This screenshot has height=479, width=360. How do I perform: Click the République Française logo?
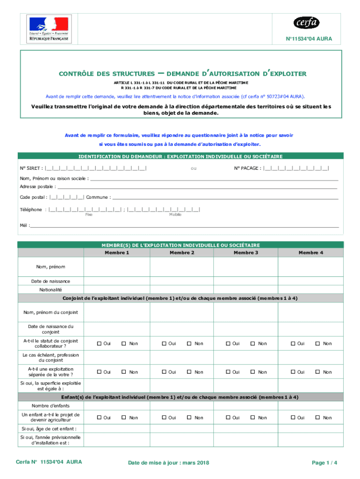click(x=49, y=29)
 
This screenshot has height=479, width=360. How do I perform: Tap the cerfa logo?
click(x=306, y=22)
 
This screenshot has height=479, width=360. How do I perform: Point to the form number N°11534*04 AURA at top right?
click(x=309, y=39)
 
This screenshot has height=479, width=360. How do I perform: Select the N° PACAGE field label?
click(x=248, y=168)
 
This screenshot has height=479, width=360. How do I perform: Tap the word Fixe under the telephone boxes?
click(x=89, y=214)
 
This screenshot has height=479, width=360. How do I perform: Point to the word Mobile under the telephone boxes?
click(x=175, y=214)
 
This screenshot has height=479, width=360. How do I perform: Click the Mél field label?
click(x=24, y=225)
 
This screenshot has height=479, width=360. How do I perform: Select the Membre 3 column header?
click(x=246, y=253)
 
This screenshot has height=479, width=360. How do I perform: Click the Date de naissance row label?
click(x=50, y=281)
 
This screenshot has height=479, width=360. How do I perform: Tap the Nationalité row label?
click(x=50, y=290)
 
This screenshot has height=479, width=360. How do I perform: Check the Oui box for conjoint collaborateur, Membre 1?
click(x=99, y=344)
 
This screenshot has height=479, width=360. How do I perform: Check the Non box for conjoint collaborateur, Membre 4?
click(x=319, y=344)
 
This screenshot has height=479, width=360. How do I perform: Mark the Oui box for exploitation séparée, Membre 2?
click(x=165, y=372)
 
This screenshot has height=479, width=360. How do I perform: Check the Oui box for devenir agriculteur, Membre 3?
click(x=229, y=418)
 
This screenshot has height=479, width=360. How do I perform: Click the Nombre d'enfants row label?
click(x=50, y=406)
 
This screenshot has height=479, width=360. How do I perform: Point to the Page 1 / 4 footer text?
click(x=324, y=463)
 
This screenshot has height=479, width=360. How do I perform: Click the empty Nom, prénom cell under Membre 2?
click(x=181, y=267)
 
